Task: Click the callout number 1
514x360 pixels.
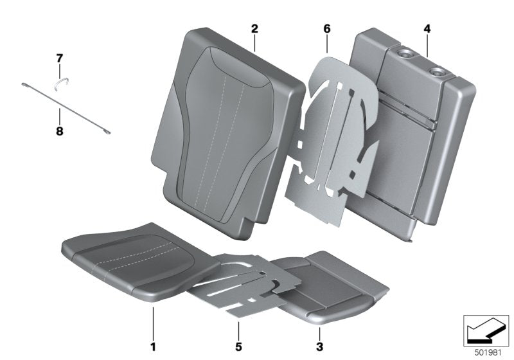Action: tap(153, 347)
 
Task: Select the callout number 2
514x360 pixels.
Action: tap(254, 29)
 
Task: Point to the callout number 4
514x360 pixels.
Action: tap(427, 29)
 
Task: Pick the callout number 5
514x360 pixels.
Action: tap(238, 347)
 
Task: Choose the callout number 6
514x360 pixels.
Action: tap(326, 29)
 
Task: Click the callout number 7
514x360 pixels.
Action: tap(58, 59)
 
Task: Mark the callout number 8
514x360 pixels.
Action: tap(58, 117)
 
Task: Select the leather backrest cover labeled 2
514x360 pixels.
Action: tap(218, 129)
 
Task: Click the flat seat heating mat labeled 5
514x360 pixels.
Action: tap(238, 283)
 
